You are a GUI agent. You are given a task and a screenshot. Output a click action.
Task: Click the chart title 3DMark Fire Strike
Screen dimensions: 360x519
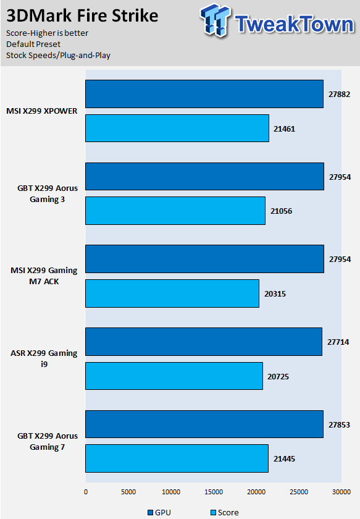tap(82, 16)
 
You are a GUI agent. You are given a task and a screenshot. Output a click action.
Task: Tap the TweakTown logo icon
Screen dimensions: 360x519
tap(215, 20)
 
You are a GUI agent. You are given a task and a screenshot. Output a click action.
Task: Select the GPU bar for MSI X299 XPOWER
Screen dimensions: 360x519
tap(204, 94)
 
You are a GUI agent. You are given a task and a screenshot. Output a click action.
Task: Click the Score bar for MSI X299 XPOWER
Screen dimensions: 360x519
tap(177, 128)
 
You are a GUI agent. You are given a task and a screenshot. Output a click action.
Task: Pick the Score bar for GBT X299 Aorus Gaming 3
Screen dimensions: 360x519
tap(175, 211)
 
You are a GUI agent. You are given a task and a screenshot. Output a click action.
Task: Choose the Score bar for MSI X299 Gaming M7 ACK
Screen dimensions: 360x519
tap(172, 293)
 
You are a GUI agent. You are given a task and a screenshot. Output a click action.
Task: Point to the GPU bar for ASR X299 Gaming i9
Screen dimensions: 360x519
tap(204, 342)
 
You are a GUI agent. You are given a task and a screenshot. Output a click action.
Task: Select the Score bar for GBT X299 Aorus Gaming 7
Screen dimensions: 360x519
tap(177, 458)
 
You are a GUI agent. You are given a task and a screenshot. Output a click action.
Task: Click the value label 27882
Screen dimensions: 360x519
tap(339, 95)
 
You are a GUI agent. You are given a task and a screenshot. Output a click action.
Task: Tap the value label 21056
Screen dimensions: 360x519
tap(281, 211)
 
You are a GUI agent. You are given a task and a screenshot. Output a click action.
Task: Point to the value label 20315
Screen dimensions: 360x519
tap(275, 294)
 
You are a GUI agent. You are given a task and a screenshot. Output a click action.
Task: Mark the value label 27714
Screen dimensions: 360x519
tap(338, 342)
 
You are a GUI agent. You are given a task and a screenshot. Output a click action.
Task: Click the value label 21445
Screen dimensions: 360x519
tap(284, 458)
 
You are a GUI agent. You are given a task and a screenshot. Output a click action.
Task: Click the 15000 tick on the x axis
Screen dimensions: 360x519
tap(214, 492)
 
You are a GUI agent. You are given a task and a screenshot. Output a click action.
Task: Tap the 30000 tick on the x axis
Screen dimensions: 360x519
tap(341, 492)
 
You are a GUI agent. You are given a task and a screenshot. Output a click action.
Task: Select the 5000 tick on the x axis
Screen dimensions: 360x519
tap(128, 492)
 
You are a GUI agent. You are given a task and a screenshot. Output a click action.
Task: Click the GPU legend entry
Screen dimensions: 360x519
tap(159, 512)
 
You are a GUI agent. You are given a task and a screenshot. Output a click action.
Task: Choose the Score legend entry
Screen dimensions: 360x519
tap(225, 512)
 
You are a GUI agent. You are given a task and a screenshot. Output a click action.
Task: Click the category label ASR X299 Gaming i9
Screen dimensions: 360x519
tap(44, 358)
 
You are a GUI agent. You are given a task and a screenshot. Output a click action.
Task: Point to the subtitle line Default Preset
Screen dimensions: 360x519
tap(33, 44)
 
